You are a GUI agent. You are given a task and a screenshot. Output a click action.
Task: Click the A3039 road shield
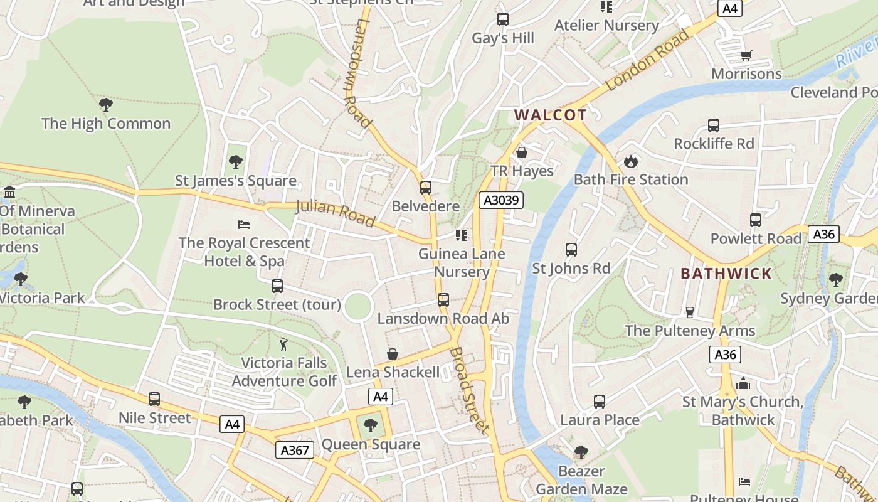tap(500, 200)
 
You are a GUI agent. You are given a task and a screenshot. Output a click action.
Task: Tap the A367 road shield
tap(294, 450)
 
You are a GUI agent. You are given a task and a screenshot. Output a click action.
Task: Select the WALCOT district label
tap(551, 115)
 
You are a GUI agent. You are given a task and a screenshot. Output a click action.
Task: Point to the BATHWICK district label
tap(726, 274)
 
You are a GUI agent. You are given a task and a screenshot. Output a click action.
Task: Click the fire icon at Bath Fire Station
tap(630, 161)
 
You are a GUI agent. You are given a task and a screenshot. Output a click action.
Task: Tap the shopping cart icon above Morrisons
tap(746, 56)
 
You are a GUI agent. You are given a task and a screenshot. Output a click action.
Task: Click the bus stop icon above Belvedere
tap(426, 188)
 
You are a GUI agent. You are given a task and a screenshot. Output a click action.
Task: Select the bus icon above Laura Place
tap(600, 402)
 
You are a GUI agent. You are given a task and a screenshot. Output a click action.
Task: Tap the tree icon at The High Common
tap(106, 104)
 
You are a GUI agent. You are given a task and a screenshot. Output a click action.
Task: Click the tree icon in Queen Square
tap(371, 425)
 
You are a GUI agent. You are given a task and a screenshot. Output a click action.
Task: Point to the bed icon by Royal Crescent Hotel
tap(244, 224)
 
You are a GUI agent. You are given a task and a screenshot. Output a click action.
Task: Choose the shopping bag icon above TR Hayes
tap(522, 152)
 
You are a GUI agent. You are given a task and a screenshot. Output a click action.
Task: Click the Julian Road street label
tap(335, 213)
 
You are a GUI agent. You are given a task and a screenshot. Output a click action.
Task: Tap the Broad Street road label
tap(469, 390)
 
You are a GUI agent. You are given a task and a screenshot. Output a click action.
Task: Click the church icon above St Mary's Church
tap(743, 383)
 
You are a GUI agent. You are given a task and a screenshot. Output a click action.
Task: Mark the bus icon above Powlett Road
tap(756, 220)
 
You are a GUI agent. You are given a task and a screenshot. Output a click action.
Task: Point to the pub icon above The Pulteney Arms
tap(690, 312)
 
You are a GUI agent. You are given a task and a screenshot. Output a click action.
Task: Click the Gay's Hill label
tap(503, 38)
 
